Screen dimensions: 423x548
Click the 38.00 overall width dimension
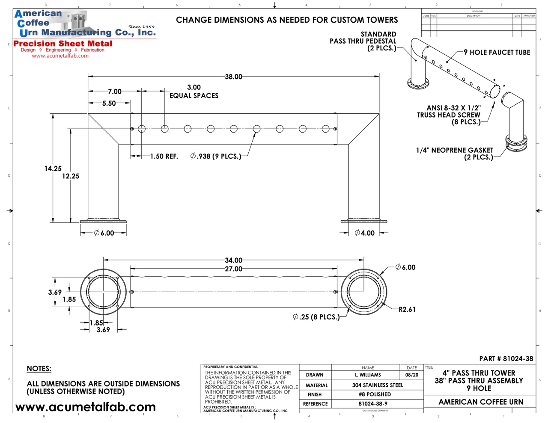(x=233, y=77)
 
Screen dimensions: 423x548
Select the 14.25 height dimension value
(x=53, y=169)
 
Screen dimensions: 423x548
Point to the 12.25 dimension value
(x=71, y=176)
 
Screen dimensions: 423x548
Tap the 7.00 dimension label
(x=114, y=92)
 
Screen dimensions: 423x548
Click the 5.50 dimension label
(x=109, y=104)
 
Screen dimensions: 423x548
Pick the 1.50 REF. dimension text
(x=164, y=157)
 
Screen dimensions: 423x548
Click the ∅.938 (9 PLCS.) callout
(x=216, y=157)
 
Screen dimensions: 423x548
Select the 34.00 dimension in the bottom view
(x=233, y=260)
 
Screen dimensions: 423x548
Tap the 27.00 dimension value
(x=233, y=269)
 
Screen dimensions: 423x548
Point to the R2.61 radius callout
(x=407, y=309)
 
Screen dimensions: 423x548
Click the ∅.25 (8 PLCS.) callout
(x=316, y=317)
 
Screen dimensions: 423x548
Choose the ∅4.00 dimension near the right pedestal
(x=365, y=233)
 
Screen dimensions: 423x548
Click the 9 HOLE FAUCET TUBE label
(x=497, y=53)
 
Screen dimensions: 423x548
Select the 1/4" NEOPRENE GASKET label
(x=455, y=151)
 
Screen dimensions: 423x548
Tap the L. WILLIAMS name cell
(x=368, y=375)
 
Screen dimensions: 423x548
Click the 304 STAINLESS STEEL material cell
(x=377, y=385)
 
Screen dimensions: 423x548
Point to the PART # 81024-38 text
(x=506, y=359)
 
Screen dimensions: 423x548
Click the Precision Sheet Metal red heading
(x=63, y=44)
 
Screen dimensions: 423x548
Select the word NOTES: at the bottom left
(x=39, y=369)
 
